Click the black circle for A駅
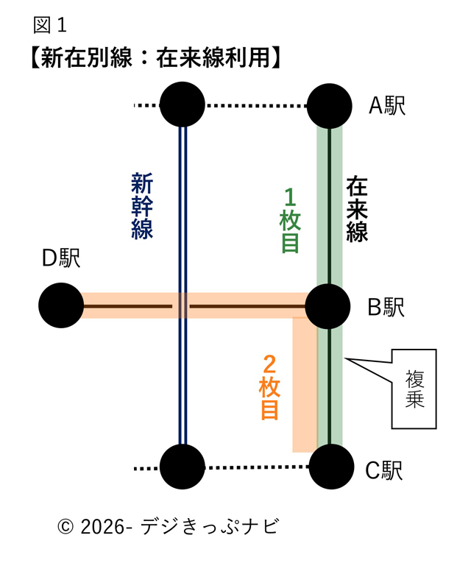(x=330, y=105)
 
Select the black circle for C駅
(x=330, y=467)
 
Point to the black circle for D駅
(x=61, y=306)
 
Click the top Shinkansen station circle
(x=182, y=105)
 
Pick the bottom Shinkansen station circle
(x=182, y=467)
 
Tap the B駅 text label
(x=386, y=307)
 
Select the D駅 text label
(x=60, y=258)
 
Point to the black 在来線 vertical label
(x=357, y=208)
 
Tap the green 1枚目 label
(x=290, y=220)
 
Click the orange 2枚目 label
(x=269, y=387)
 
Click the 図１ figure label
(x=50, y=25)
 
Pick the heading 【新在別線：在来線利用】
(x=157, y=58)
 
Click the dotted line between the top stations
(x=255, y=106)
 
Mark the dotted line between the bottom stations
(x=255, y=467)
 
